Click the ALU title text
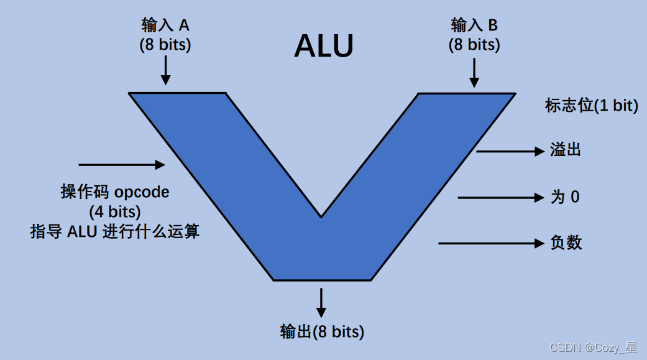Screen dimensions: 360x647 coord(324,46)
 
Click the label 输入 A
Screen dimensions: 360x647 coord(165,25)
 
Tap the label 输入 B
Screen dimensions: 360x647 coord(474,25)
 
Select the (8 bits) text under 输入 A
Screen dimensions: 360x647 coord(165,45)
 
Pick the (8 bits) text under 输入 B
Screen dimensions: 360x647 coord(474,45)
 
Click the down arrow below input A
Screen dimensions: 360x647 coord(165,70)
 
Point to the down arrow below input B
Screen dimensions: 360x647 coord(474,73)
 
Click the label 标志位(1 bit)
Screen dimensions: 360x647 coord(591,106)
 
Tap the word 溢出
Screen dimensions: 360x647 coord(565,150)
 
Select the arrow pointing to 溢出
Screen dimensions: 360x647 coord(510,151)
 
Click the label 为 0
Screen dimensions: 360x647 coord(565,197)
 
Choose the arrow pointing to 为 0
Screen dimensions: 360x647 coord(500,198)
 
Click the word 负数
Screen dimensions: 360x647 coord(566,242)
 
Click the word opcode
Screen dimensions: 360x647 coord(142,192)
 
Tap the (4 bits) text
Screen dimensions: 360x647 coord(115,212)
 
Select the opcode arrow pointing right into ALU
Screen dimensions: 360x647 coord(121,165)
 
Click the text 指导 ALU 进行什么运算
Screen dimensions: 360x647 coord(115,232)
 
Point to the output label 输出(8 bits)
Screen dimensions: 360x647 coord(322,331)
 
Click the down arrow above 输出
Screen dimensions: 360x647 coord(321,302)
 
